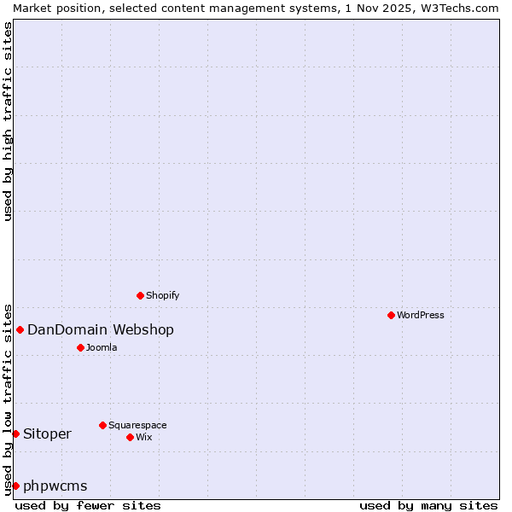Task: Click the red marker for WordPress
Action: point(391,315)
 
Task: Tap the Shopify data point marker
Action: point(140,295)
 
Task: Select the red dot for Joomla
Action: point(80,347)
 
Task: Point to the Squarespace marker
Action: point(102,425)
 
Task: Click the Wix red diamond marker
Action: point(130,437)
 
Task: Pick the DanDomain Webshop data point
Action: point(20,329)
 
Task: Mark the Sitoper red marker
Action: point(15,433)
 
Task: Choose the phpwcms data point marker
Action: point(15,486)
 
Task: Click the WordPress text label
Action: point(421,315)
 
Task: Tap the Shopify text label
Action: point(163,295)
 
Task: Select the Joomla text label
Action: point(102,347)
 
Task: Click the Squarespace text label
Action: point(137,425)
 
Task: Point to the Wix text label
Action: point(144,437)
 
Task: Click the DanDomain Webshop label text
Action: point(101,329)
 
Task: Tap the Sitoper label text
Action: point(47,433)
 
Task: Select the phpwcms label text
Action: point(55,486)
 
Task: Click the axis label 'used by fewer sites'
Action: point(88,505)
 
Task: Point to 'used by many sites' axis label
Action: point(428,505)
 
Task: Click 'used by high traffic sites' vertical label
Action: point(8,121)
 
